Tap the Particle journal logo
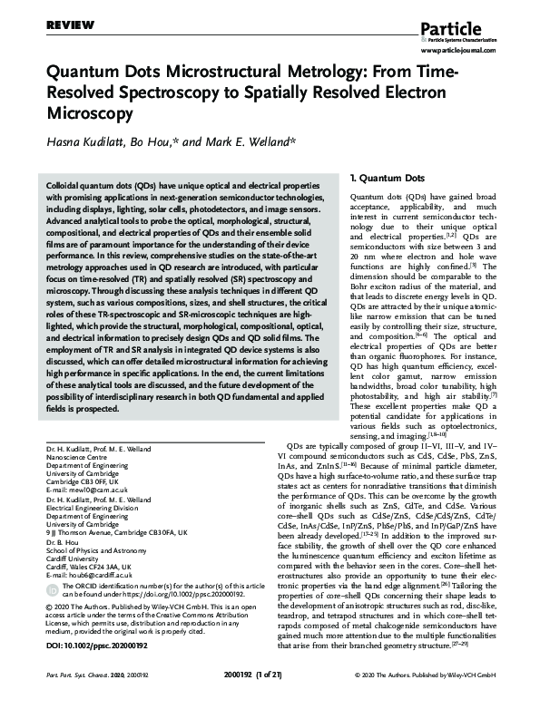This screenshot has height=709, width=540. pos(472,15)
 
